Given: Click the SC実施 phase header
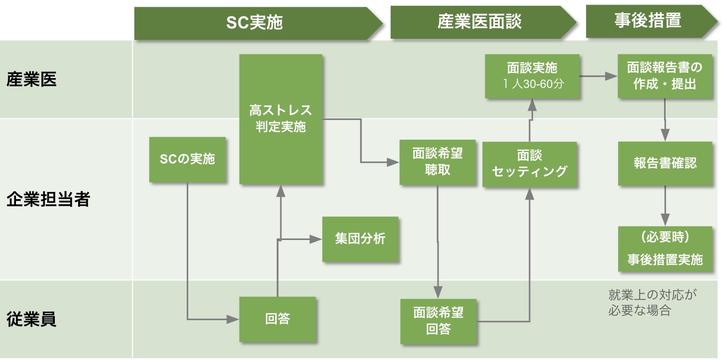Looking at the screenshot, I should click(254, 23).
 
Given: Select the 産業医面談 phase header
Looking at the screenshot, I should click(479, 22).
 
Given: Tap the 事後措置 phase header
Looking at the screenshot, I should click(648, 21).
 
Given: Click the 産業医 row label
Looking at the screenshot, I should click(32, 80).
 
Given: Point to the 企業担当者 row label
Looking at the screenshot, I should click(48, 200).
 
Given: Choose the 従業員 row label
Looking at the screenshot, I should click(32, 319).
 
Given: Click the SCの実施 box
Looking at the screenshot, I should click(187, 159).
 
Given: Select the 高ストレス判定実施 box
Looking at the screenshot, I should click(281, 119).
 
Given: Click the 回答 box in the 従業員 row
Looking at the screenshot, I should click(277, 319).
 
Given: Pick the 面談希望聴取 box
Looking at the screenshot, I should click(438, 162).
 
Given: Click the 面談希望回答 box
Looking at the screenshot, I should click(438, 321).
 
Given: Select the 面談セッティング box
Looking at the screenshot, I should click(529, 164).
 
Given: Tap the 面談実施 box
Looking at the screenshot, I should click(532, 76).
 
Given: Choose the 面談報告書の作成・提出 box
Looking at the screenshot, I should click(665, 76).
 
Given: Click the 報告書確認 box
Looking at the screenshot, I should click(665, 163).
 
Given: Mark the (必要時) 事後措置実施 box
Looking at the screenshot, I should click(665, 249).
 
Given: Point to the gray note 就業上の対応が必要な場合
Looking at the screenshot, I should click(653, 303).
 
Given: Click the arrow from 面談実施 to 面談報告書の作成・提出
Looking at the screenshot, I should click(598, 77).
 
